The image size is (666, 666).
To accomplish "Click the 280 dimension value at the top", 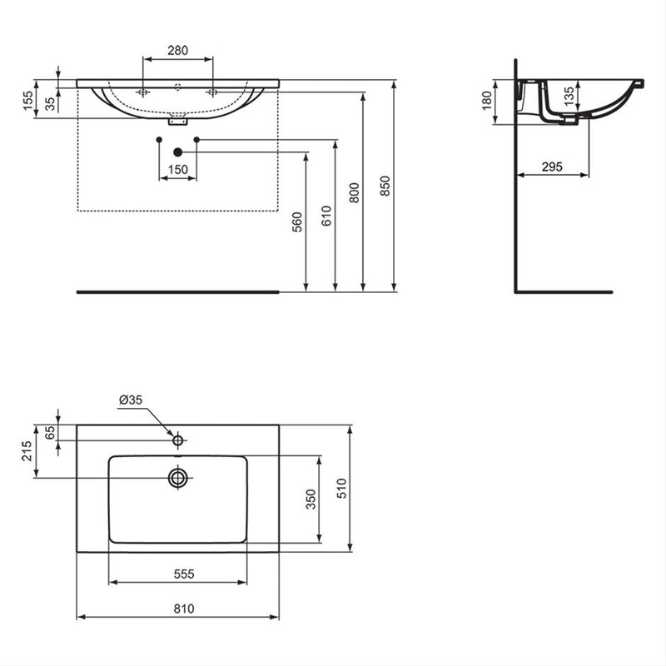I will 177,51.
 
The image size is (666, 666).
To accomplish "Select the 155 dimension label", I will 27,101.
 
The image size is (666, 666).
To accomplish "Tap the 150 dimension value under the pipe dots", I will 177,170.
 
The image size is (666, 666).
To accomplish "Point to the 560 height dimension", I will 297,222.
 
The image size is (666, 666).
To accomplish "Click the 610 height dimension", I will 326,216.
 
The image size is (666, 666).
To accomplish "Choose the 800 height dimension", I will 355,193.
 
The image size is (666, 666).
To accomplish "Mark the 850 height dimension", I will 384,186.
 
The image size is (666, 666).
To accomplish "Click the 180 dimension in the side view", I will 487,102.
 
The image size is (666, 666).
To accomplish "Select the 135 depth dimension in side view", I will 568,96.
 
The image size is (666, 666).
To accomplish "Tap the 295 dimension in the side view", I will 552,167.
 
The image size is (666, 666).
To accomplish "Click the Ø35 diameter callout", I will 131,400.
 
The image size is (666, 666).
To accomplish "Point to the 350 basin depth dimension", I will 311,499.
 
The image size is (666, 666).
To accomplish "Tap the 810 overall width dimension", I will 184,609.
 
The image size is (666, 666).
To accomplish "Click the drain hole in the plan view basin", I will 177,478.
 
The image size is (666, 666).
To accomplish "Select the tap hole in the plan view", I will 177,439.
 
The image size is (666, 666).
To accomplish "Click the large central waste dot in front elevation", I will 177,152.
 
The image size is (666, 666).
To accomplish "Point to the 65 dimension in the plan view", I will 49,432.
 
